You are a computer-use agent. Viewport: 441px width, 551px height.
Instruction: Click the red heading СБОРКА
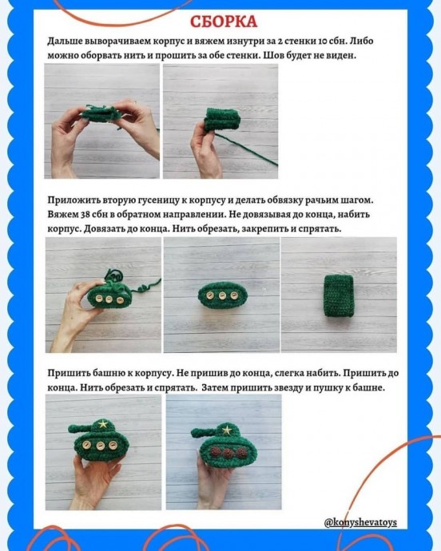[224, 22]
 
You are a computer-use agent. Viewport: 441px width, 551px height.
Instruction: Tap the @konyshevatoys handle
[360, 522]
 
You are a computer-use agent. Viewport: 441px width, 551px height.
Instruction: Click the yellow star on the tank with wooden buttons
[103, 424]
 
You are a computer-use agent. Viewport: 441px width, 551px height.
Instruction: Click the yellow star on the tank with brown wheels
[227, 430]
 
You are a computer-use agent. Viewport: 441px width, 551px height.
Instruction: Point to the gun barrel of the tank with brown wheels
[203, 434]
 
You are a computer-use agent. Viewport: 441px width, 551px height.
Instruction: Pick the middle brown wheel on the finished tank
[228, 453]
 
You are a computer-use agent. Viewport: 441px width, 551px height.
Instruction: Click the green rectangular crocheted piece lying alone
[338, 295]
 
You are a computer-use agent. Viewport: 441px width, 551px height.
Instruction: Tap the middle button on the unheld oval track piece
[222, 295]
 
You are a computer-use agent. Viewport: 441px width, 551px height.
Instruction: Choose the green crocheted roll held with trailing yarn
[222, 120]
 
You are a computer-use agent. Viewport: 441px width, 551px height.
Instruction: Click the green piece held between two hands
[101, 113]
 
